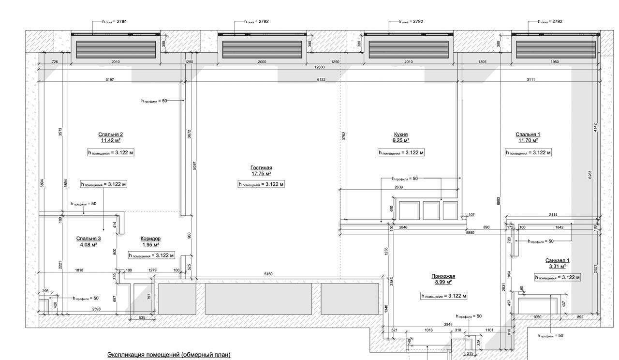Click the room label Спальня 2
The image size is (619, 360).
[x=110, y=135]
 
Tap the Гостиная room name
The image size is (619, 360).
[x=261, y=168]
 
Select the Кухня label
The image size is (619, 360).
[x=400, y=135]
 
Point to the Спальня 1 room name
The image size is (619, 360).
[x=528, y=135]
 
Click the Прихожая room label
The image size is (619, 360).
[x=443, y=276]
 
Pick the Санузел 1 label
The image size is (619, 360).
[x=557, y=260]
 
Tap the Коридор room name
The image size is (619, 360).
[x=150, y=239]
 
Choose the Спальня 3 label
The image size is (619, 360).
[x=88, y=239]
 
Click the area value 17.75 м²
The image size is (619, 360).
[x=261, y=174]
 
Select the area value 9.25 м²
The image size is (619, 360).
[x=400, y=141]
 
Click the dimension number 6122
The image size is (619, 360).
[x=321, y=79]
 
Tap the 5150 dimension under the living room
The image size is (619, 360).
[x=268, y=274]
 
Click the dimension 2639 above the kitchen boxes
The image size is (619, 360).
[x=398, y=187]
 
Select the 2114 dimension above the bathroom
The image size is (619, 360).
[x=553, y=215]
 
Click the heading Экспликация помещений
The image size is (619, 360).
[x=169, y=355]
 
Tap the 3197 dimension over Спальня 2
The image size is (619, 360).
[x=110, y=79]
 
